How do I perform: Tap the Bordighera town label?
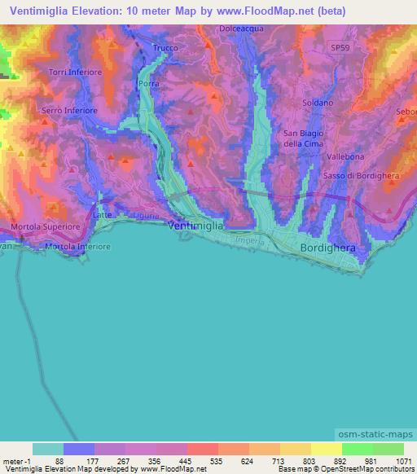point(329,246)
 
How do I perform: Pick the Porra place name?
point(148,84)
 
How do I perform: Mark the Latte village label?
point(103,213)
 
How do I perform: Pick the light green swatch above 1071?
point(388,448)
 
